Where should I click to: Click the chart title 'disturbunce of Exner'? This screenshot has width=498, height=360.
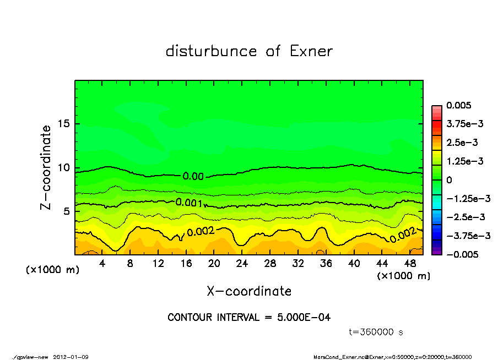249,52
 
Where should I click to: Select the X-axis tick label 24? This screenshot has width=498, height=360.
242,264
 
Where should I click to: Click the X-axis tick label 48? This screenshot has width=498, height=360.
409,264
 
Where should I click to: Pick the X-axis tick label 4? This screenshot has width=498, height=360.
102,264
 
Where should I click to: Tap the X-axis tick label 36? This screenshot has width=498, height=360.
326,264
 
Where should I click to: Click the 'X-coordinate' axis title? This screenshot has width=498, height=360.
249,291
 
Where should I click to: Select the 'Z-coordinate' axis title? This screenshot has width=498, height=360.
46,167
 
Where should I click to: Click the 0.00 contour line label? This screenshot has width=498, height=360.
193,176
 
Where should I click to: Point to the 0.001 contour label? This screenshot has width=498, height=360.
188,203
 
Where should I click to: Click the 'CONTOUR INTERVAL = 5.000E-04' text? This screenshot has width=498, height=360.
249,318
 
